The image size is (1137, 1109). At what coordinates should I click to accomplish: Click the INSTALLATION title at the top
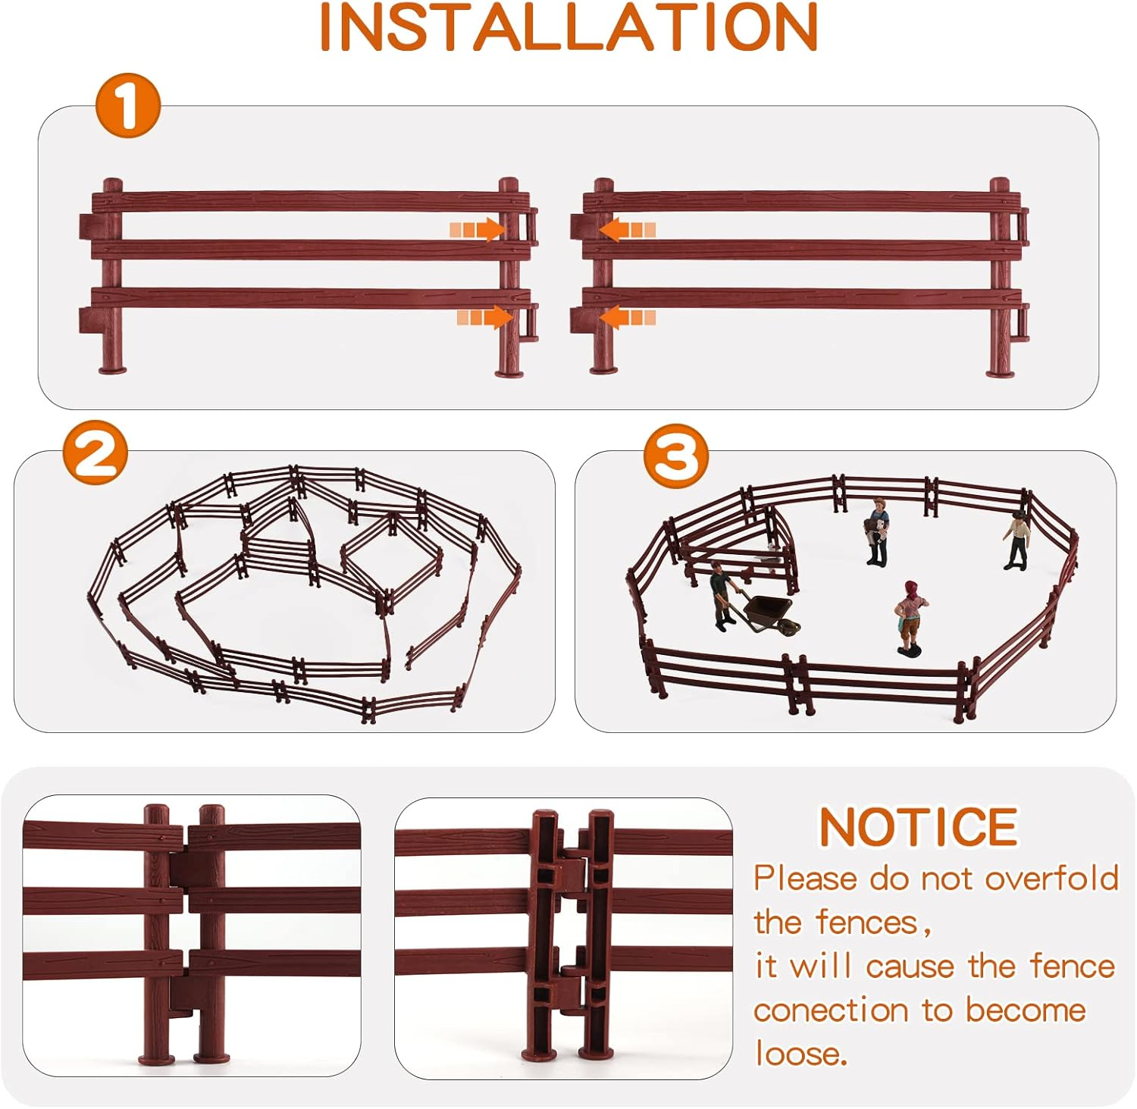tap(568, 27)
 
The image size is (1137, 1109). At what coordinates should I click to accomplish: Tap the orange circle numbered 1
tap(128, 105)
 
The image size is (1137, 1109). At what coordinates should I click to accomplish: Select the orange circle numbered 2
tap(96, 454)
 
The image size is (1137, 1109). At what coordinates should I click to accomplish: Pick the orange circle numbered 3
tap(676, 456)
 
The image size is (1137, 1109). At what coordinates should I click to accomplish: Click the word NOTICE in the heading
tap(918, 827)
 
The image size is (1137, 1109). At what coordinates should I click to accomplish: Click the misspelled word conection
tap(831, 1010)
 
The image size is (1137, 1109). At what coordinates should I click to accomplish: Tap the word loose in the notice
tap(799, 1054)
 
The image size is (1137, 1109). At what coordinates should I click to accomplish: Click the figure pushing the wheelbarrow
tap(722, 597)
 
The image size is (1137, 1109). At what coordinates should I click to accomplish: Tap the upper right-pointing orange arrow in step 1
tap(478, 229)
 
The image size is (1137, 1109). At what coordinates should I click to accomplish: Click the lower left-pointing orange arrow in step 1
tap(627, 317)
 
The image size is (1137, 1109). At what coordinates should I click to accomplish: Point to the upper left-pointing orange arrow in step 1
tap(627, 229)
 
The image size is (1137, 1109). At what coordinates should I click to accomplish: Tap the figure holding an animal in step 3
tap(877, 531)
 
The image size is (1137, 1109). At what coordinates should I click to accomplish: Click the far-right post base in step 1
tap(1000, 371)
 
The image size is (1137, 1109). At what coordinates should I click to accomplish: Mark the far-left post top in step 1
tap(112, 184)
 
